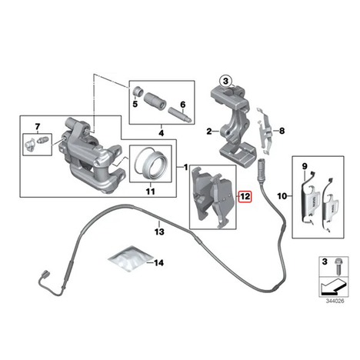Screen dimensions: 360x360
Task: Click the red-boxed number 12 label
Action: (x=245, y=196)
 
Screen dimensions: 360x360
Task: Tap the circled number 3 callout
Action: (x=225, y=82)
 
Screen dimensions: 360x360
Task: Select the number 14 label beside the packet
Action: (x=159, y=263)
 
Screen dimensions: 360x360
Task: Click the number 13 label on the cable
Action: (x=159, y=232)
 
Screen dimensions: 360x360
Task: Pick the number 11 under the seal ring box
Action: (x=151, y=192)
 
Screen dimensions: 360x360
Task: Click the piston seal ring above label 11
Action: (x=151, y=163)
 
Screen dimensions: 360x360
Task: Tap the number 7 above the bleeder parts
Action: (x=38, y=126)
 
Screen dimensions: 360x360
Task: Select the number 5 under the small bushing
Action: (x=135, y=104)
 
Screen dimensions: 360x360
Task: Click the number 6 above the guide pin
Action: (x=182, y=105)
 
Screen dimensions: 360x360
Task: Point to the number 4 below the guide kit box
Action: (x=162, y=133)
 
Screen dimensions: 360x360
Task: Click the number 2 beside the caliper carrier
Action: (x=209, y=132)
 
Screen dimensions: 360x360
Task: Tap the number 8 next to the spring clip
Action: (x=282, y=131)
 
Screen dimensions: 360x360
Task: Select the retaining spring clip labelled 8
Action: (x=264, y=132)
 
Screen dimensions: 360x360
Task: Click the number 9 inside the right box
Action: (x=305, y=166)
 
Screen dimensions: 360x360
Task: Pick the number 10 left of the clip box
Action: (x=282, y=196)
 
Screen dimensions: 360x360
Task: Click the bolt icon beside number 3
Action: (x=337, y=266)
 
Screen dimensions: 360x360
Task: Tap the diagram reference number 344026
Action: (x=335, y=301)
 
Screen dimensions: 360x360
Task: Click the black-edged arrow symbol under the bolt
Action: (x=332, y=286)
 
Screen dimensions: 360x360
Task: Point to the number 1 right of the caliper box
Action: (x=186, y=167)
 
